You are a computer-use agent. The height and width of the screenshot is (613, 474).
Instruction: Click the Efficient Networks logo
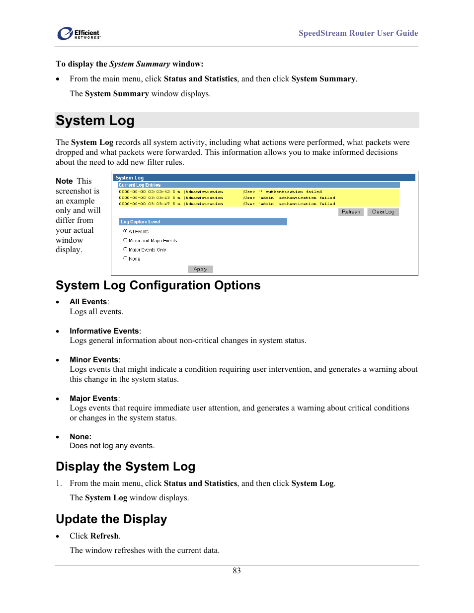(79, 34)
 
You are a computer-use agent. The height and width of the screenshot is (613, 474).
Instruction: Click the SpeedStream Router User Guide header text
(358, 33)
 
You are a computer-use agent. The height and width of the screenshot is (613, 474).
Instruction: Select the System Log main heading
(95, 121)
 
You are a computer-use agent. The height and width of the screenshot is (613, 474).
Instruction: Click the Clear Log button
(383, 212)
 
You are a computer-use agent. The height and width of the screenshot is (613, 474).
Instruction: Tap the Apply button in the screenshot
(200, 269)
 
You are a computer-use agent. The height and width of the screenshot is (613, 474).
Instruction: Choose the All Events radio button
(125, 231)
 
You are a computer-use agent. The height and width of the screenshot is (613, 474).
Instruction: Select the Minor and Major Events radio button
(125, 240)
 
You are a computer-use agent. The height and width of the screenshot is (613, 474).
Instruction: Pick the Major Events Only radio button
(125, 249)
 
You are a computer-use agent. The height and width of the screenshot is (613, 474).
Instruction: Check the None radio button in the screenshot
(125, 258)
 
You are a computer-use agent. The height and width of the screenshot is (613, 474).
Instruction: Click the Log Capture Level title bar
(203, 222)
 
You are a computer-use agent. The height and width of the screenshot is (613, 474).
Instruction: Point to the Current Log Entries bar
(258, 185)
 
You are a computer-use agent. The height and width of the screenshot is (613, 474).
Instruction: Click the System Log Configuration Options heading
(158, 285)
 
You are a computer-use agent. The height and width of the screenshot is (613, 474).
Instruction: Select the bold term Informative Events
(104, 331)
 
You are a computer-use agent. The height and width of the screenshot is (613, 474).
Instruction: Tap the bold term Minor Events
(94, 360)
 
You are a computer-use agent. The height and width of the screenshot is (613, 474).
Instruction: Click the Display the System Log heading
(125, 467)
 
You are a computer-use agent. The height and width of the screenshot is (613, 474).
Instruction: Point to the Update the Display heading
(111, 519)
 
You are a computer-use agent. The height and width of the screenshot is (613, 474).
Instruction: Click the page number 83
(237, 571)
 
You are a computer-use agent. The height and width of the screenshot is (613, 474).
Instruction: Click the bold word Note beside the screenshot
(64, 181)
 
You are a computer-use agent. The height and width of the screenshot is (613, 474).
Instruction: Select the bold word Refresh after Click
(104, 536)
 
